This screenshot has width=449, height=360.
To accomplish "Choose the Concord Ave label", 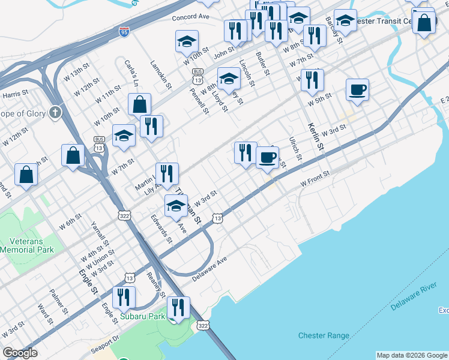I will point(190,18).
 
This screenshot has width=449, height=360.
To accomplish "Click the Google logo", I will point(20,353).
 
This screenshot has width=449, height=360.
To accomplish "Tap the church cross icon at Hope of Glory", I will point(55,112).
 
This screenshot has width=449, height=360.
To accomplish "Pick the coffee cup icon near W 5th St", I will point(357,90).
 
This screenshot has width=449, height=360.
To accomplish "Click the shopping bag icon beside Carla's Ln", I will point(139,104).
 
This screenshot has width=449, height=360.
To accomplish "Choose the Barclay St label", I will point(334,30).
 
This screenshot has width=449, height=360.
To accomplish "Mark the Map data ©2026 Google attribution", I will point(411,355).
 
